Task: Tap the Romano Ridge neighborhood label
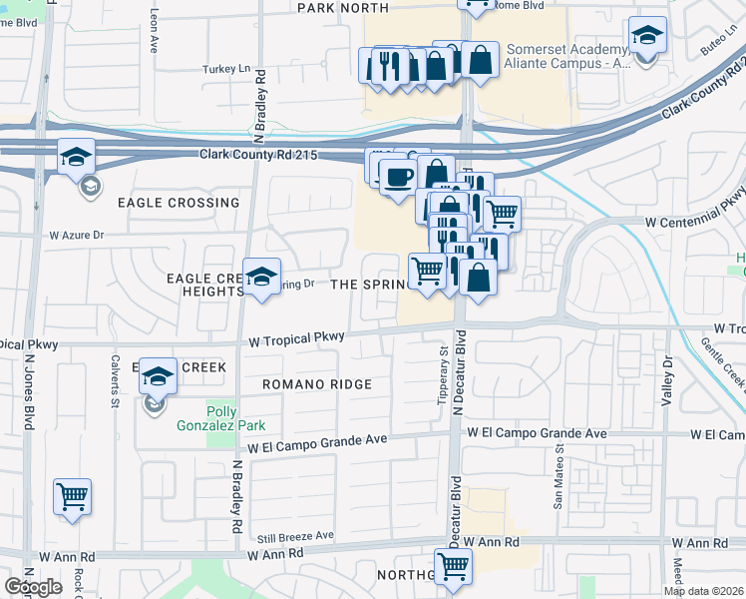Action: (317, 384)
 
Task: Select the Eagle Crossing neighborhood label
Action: (179, 203)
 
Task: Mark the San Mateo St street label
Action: (559, 483)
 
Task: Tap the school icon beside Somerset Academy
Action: (647, 37)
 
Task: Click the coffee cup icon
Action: (399, 177)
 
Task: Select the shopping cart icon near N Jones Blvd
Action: (72, 496)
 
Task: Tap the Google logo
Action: (34, 587)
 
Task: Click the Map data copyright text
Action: (703, 591)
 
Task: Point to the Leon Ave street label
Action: (155, 36)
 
